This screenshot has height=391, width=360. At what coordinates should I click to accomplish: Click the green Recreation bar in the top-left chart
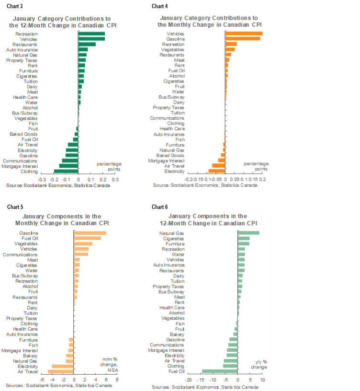91,34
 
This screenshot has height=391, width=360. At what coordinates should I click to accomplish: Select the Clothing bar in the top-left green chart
67,171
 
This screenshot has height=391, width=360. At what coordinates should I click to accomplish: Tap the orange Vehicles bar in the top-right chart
244,34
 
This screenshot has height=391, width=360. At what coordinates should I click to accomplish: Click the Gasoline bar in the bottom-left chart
90,233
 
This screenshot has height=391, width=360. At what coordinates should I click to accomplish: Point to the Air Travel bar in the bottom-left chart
61,371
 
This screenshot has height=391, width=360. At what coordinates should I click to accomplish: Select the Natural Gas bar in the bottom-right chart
248,233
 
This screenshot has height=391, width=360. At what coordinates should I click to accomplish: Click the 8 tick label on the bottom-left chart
117,379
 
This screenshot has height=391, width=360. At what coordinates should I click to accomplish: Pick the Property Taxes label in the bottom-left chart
22,319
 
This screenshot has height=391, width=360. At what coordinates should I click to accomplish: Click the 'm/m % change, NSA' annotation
110,364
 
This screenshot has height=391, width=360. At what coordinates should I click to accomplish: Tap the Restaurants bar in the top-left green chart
87,45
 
